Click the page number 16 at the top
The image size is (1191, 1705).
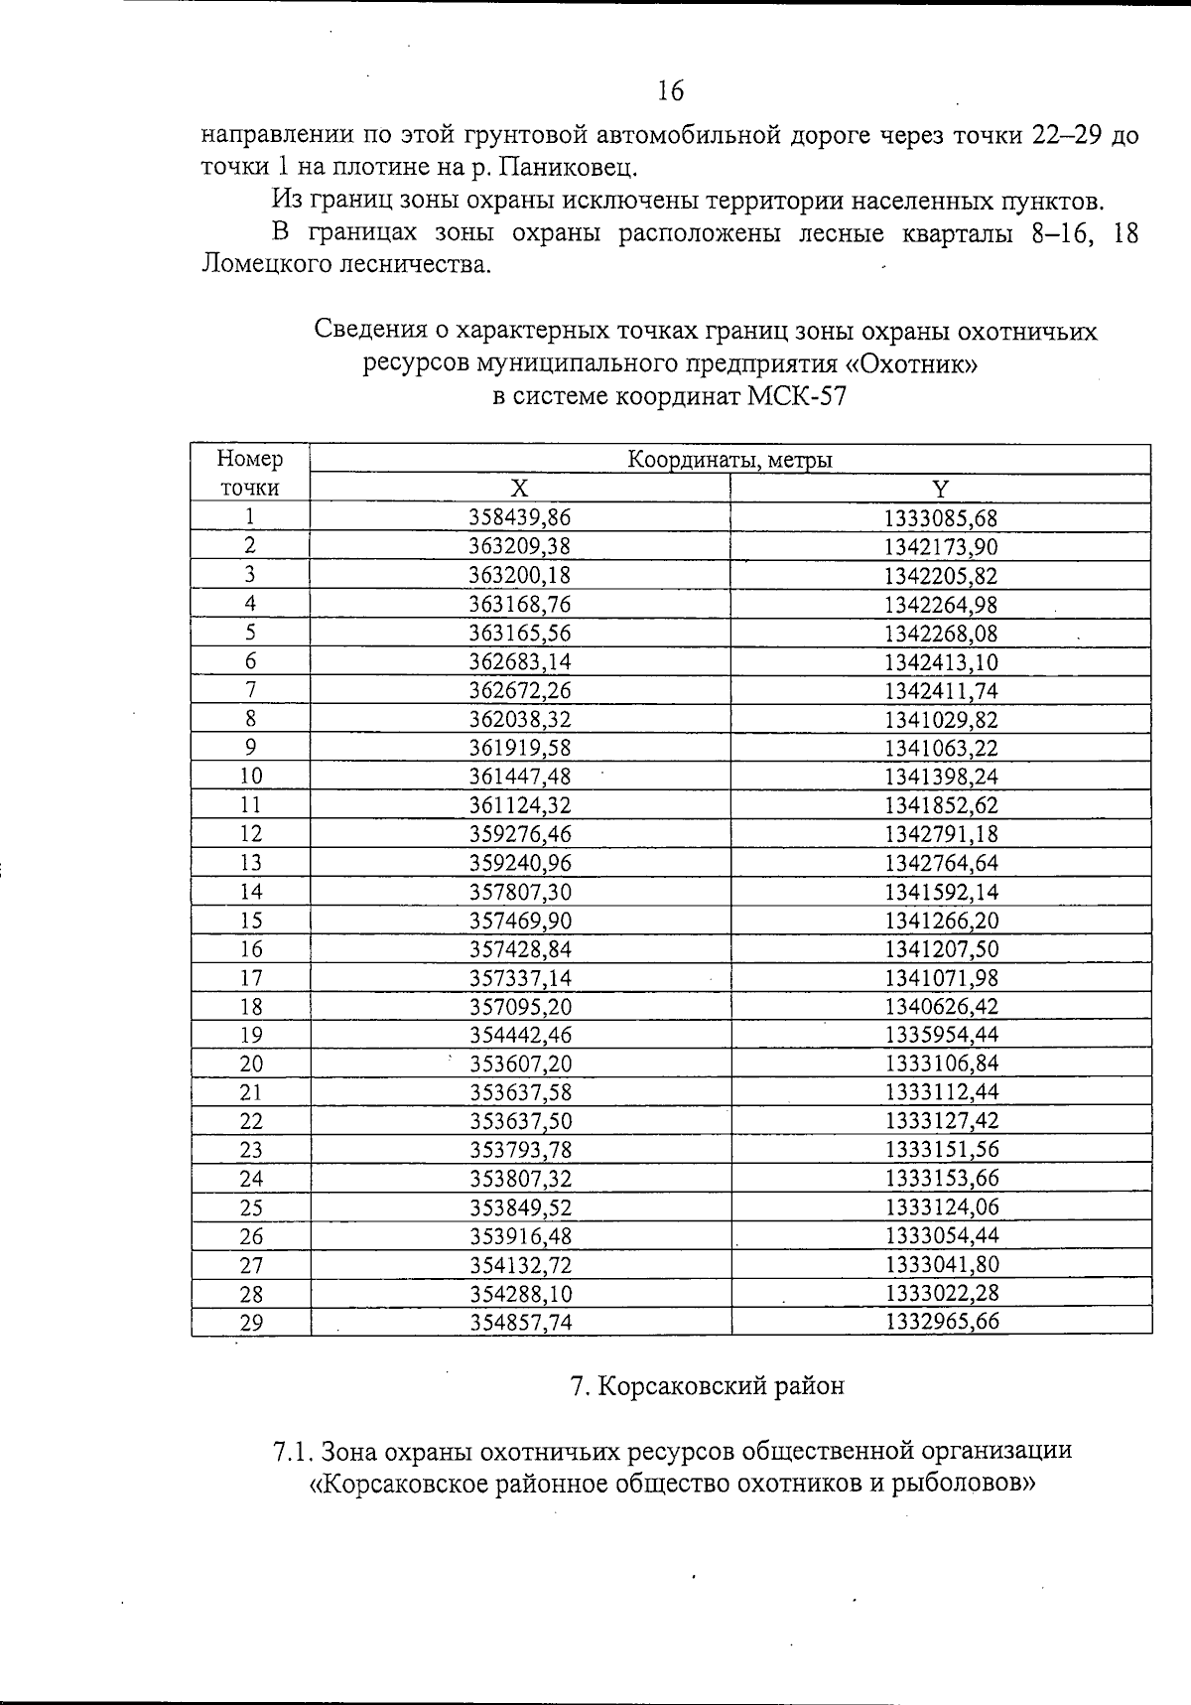click(670, 91)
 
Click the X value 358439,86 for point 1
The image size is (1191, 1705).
click(520, 517)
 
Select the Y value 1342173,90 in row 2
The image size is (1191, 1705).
click(940, 546)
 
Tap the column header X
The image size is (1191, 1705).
click(519, 488)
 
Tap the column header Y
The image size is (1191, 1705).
click(940, 488)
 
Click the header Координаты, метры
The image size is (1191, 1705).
click(729, 459)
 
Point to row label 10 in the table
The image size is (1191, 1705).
click(250, 777)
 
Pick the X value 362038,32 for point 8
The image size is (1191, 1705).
click(520, 719)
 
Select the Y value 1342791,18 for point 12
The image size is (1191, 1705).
click(940, 834)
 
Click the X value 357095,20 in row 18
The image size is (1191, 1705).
click(520, 1007)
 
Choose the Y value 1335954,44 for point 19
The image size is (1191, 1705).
click(940, 1035)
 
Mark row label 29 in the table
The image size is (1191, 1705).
click(250, 1323)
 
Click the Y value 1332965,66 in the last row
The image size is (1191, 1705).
click(940, 1322)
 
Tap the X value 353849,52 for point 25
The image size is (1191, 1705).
click(520, 1208)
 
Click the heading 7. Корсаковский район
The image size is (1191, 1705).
click(707, 1386)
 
